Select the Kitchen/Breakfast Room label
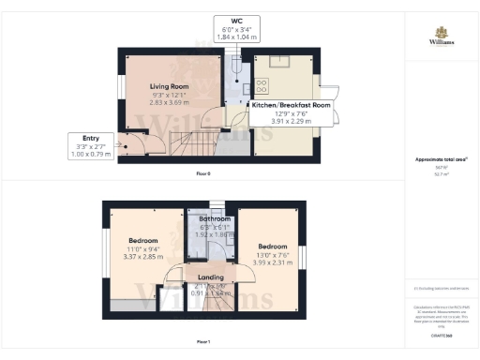(x=292, y=106)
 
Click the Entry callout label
(x=91, y=137)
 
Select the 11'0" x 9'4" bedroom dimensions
(x=143, y=246)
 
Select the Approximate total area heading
(x=442, y=158)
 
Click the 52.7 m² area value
(x=442, y=174)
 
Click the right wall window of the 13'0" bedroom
(x=302, y=255)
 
